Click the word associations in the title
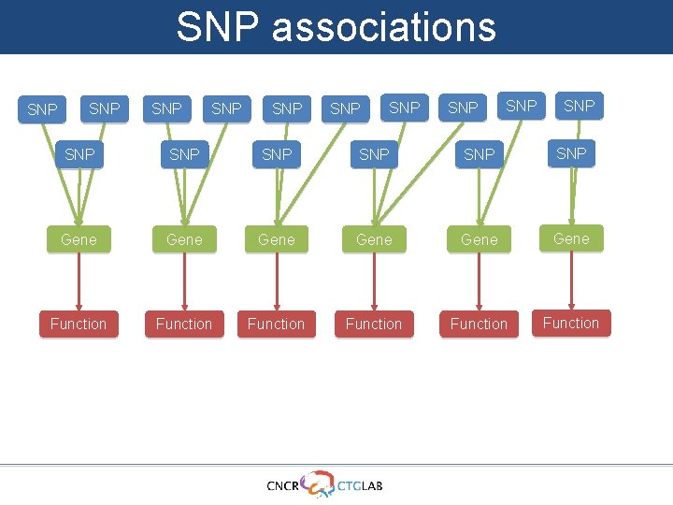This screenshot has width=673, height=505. pos(384,27)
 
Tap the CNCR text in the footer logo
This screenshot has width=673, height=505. pos(283,485)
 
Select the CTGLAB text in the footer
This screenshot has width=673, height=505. pos(360,485)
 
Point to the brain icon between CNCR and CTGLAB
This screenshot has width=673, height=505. pos(318,482)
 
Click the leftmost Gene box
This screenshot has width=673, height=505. pos(79,240)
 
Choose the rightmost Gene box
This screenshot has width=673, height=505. pos(571,239)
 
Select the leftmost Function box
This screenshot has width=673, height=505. pos(79,324)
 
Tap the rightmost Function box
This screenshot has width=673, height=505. pos(571,324)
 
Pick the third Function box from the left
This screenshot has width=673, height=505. pos(277,324)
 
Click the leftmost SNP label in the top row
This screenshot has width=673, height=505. pos(42,110)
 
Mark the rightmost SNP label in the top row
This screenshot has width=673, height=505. pos(580,106)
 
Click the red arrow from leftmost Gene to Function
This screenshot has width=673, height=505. pos(79,281)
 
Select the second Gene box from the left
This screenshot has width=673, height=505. pos(184,240)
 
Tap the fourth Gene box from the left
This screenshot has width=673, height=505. pos(374,240)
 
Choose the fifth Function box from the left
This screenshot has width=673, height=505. pos(479,324)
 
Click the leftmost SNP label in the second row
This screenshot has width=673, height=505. pos(80,154)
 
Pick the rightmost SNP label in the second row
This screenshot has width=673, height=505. pos(571,153)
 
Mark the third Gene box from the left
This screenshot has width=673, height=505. pos(277,240)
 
